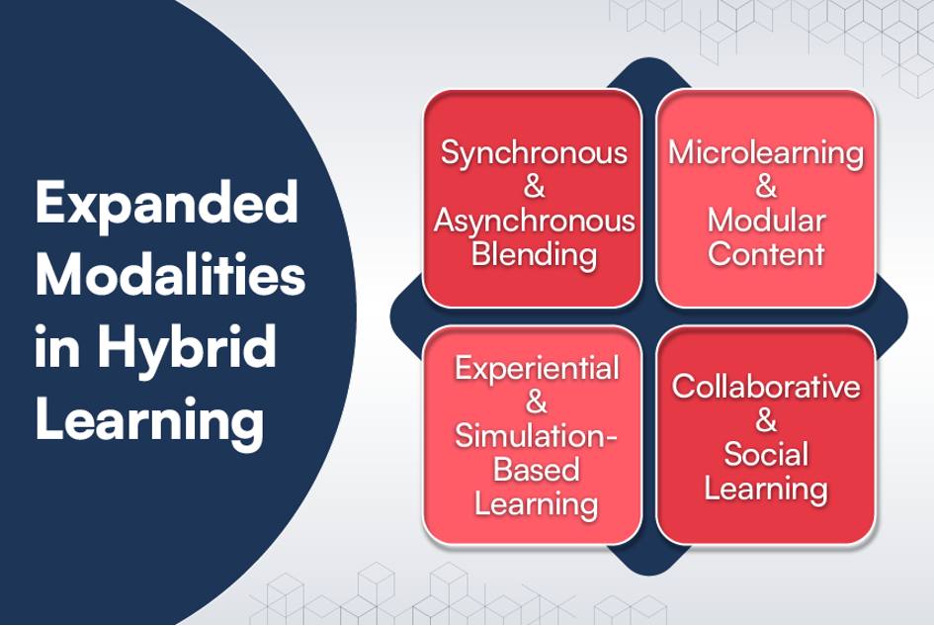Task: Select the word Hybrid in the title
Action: tap(187, 349)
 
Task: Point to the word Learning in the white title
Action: tap(149, 421)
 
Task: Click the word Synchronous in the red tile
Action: tap(534, 154)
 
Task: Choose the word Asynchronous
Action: tap(535, 222)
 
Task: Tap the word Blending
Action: tap(535, 255)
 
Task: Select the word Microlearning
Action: tap(766, 153)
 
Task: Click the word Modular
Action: tap(767, 221)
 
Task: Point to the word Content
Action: tap(767, 254)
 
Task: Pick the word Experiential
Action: tap(537, 369)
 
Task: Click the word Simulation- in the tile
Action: tap(536, 436)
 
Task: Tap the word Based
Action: tap(536, 470)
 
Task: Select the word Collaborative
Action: tap(766, 387)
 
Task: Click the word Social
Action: tap(766, 454)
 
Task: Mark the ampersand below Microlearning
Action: tap(767, 187)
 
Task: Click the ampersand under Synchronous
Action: tap(535, 187)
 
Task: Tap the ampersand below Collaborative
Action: tap(766, 420)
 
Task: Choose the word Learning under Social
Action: tap(766, 490)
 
